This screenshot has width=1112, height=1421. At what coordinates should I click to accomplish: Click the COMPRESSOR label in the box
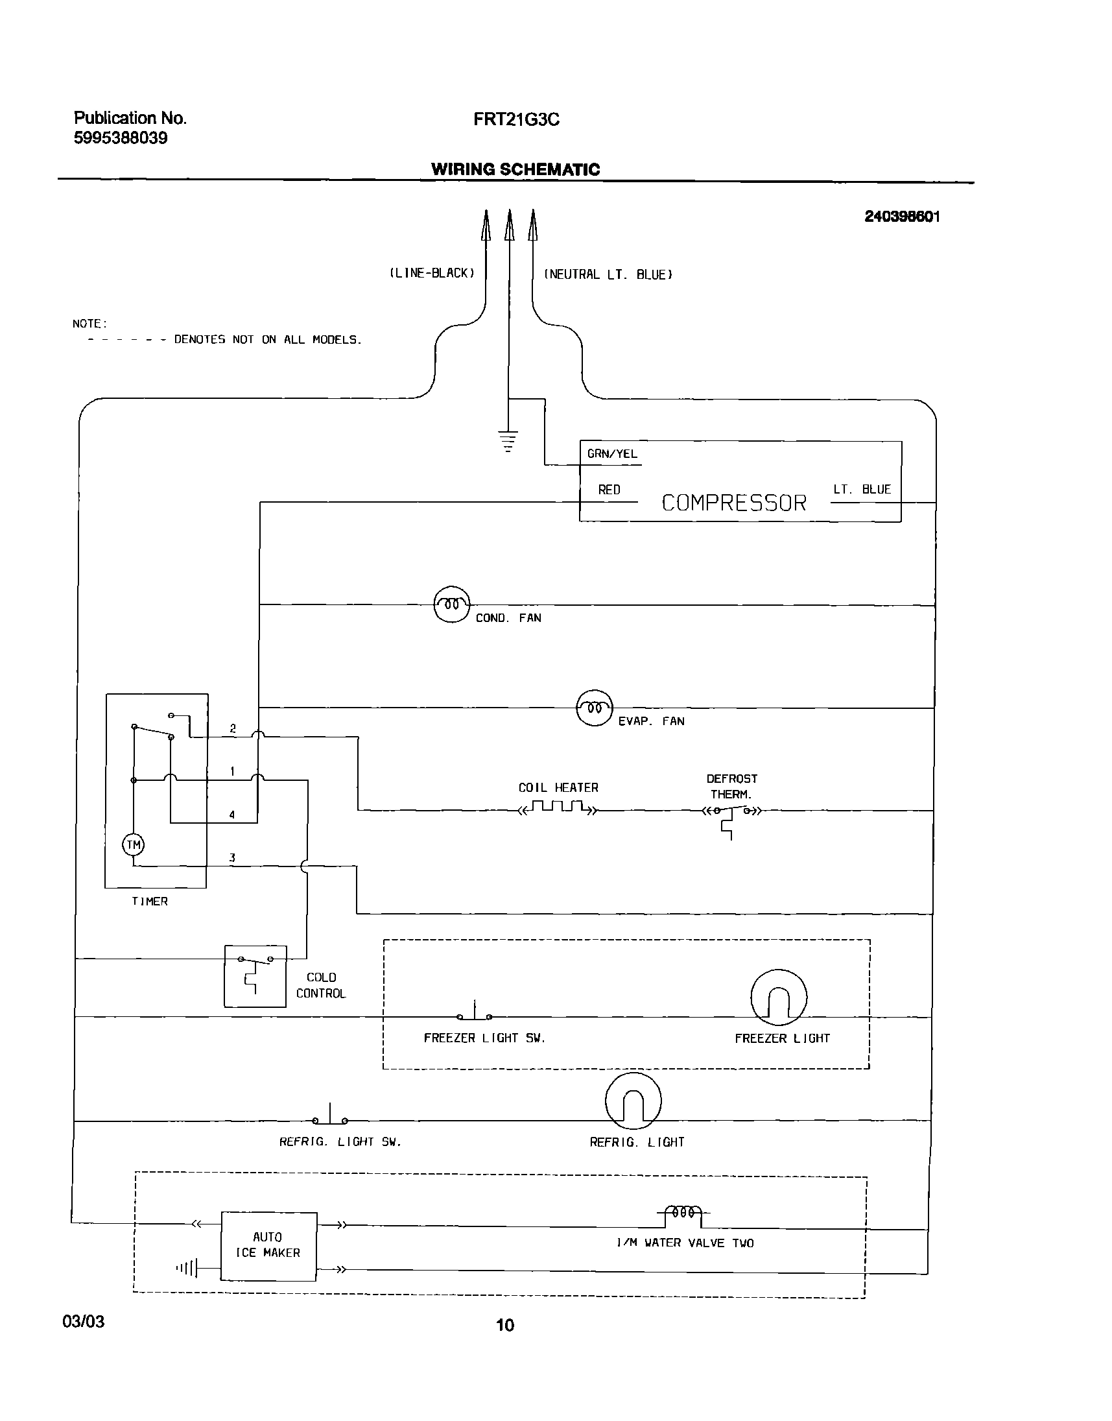tap(734, 503)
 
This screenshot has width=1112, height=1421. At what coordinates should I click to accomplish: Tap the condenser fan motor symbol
tap(451, 604)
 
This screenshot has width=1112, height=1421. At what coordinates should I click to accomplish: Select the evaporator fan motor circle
tap(595, 707)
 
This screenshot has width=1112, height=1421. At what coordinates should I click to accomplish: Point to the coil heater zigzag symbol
tap(558, 808)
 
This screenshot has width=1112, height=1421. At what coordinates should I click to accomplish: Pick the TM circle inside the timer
tap(134, 845)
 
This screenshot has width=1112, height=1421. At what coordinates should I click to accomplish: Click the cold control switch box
tap(255, 975)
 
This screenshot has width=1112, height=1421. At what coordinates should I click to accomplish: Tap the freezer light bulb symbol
tap(779, 997)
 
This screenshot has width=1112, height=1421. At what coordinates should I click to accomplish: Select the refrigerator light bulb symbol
tap(633, 1101)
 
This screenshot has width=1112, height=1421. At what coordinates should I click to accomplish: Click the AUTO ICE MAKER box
tap(268, 1245)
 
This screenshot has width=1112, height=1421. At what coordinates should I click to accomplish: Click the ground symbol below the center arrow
tap(508, 441)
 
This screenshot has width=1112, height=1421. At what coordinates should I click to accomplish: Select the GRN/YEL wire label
tap(612, 454)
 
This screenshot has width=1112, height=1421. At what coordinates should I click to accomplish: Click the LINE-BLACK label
tap(432, 274)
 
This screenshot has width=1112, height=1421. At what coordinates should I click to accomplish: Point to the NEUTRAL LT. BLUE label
tap(608, 275)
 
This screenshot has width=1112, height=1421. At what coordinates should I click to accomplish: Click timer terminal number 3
tap(231, 857)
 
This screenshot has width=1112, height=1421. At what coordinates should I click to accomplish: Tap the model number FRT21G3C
tap(516, 120)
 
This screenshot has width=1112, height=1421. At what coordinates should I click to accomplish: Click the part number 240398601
tap(902, 217)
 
